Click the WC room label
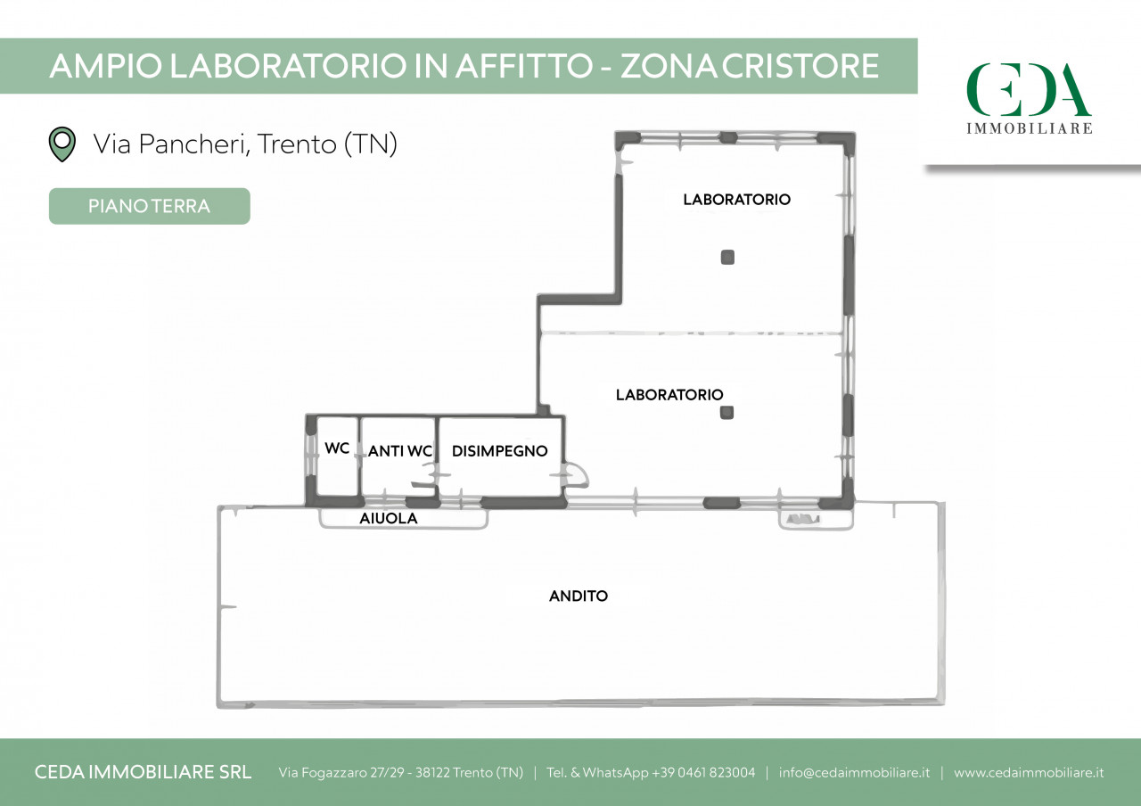click(x=337, y=448)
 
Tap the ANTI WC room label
click(x=400, y=451)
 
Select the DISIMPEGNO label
click(x=500, y=451)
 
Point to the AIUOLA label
click(x=388, y=519)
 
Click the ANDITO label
click(x=579, y=596)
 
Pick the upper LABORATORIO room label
click(x=736, y=199)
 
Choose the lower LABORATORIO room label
click(x=669, y=394)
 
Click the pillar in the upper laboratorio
click(x=727, y=258)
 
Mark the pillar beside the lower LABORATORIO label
click(x=726, y=412)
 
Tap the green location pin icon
click(x=62, y=144)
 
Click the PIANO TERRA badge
click(x=149, y=206)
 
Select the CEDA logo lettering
click(x=1029, y=89)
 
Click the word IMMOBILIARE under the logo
click(x=1029, y=127)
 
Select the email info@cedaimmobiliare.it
click(x=854, y=772)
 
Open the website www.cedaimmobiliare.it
click(x=1029, y=772)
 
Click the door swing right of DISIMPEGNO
click(x=576, y=474)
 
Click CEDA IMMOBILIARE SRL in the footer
click(x=143, y=772)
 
